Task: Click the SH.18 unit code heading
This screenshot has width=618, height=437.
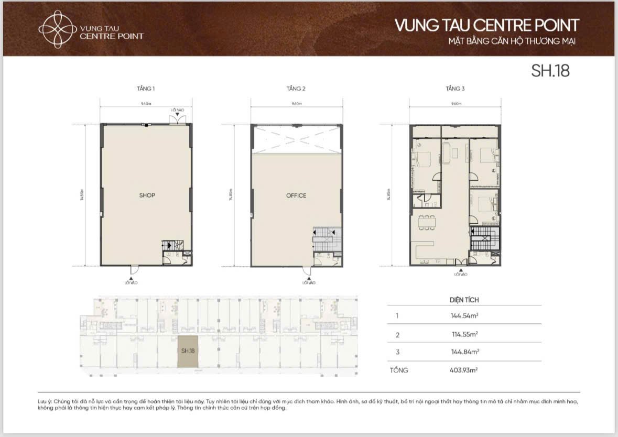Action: (x=550, y=71)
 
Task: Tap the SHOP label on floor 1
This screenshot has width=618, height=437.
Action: (x=147, y=195)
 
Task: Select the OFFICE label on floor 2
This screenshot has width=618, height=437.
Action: (x=296, y=195)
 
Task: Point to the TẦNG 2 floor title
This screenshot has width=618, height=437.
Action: (x=296, y=89)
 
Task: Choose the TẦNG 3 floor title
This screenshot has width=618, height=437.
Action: (x=455, y=89)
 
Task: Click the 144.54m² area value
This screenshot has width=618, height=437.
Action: (x=460, y=316)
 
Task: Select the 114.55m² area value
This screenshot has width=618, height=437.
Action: (x=460, y=334)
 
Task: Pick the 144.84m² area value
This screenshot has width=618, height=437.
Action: (x=460, y=352)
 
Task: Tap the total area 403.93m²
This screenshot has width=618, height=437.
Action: (x=460, y=370)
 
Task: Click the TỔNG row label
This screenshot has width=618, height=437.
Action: (x=398, y=370)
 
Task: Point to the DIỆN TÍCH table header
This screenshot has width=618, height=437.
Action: (x=464, y=300)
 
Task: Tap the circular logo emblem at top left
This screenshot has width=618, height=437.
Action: (x=56, y=29)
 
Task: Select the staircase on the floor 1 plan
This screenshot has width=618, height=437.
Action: (x=171, y=245)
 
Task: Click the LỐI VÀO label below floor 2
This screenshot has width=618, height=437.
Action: (x=309, y=283)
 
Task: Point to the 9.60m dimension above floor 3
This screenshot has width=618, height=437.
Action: (x=455, y=104)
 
